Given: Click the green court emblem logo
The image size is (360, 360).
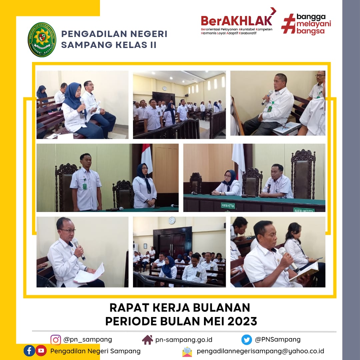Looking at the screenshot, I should click(x=42, y=40).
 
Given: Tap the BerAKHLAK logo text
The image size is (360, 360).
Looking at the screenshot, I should click(x=236, y=21).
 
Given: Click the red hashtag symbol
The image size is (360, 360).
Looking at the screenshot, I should click(x=288, y=24).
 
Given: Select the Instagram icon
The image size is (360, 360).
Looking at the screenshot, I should click(x=56, y=340).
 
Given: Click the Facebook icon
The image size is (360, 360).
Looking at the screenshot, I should click(x=29, y=351).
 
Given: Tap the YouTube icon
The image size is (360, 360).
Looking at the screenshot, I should click(x=41, y=351).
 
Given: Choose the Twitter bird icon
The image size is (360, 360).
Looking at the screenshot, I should click(x=247, y=340).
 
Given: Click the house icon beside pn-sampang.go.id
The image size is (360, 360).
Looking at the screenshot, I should click(x=147, y=340).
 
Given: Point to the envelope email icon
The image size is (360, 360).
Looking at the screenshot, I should click(x=187, y=351).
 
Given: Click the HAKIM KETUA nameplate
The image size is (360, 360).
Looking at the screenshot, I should click(x=228, y=206).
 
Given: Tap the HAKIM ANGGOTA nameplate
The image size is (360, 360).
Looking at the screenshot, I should click(x=304, y=210).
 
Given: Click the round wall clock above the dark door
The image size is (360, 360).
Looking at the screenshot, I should click(x=172, y=220).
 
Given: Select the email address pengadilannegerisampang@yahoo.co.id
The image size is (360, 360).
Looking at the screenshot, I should click(x=260, y=351).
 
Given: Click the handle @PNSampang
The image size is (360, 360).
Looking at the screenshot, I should click(x=278, y=340).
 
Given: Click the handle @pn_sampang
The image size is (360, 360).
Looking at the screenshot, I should click(x=88, y=340).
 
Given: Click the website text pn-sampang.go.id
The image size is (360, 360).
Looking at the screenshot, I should click(x=184, y=340).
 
